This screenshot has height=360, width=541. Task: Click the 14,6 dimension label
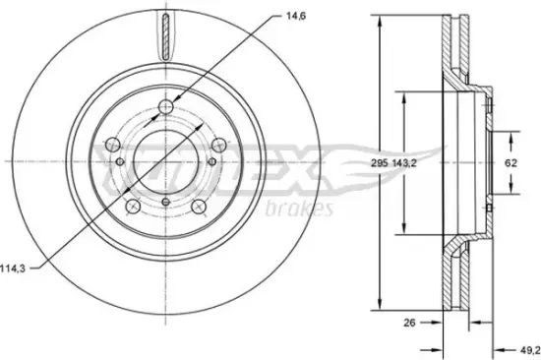pyautogui.click(x=296, y=16)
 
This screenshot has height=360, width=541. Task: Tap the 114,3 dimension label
pyautogui.click(x=13, y=269)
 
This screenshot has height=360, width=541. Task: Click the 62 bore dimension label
pyautogui.click(x=511, y=162)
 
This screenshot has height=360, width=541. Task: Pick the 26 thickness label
pyautogui.click(x=409, y=323)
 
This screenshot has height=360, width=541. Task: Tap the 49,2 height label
pyautogui.click(x=530, y=351)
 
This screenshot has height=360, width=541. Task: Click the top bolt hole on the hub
pyautogui.click(x=166, y=106)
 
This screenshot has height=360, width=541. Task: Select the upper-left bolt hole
pyautogui.click(x=112, y=145)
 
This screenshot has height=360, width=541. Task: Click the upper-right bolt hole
pyautogui.click(x=219, y=145)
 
